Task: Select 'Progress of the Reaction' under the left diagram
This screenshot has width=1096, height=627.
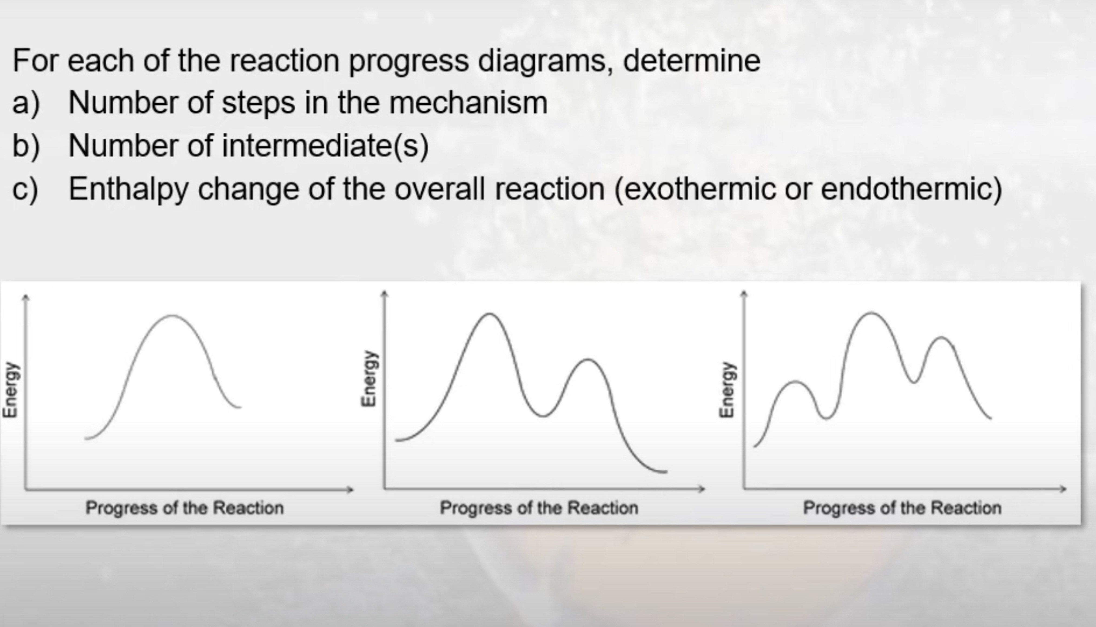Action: click(x=184, y=508)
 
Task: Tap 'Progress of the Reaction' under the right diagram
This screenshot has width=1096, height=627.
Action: click(x=902, y=508)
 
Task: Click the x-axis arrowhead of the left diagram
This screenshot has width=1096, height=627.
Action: click(x=351, y=489)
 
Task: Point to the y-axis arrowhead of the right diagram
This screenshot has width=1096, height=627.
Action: click(x=744, y=294)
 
